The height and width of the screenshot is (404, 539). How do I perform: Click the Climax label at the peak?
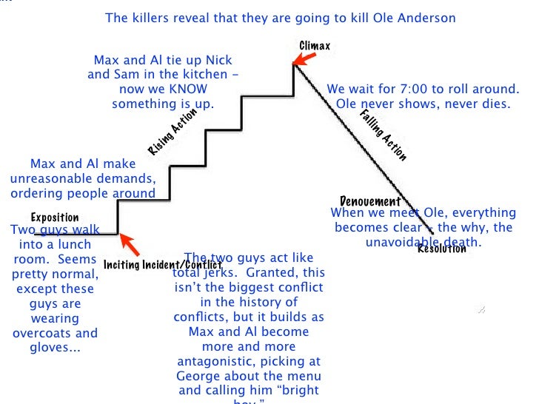click(x=315, y=46)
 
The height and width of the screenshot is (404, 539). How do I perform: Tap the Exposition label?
click(x=54, y=218)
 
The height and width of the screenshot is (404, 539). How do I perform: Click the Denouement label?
click(x=369, y=201)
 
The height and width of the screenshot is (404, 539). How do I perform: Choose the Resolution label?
click(x=442, y=249)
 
